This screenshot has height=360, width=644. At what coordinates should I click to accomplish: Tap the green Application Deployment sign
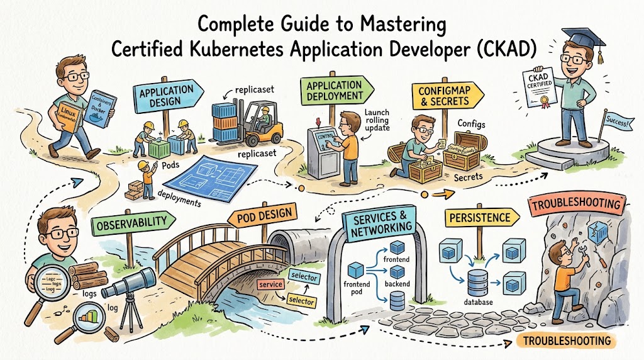point(334,91)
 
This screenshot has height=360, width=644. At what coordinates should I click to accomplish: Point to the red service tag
point(271,285)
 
